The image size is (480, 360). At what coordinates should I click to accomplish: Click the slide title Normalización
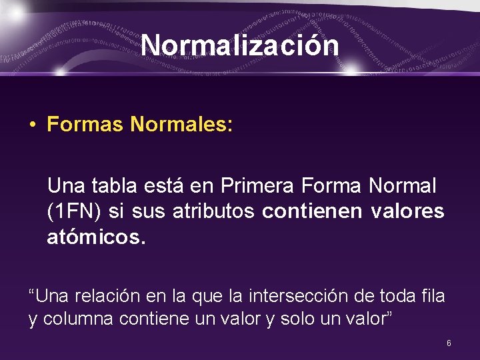(240, 45)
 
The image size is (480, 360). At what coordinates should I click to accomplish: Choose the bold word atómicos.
(95, 237)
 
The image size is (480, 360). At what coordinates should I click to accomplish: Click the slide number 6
(449, 343)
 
